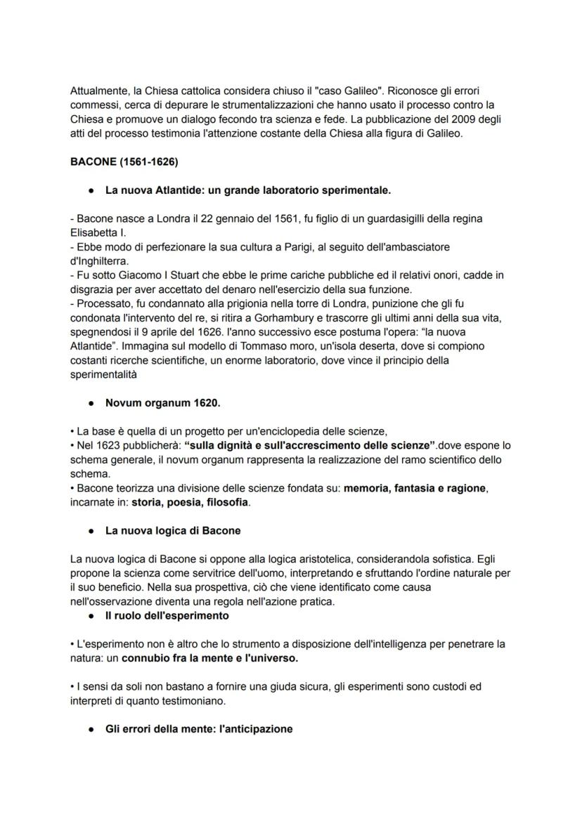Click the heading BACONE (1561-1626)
point(124,162)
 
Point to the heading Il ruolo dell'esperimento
point(166,616)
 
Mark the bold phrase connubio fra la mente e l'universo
point(209,659)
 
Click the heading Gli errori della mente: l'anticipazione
point(199,729)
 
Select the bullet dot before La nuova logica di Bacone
point(91,531)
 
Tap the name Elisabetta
point(97,233)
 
